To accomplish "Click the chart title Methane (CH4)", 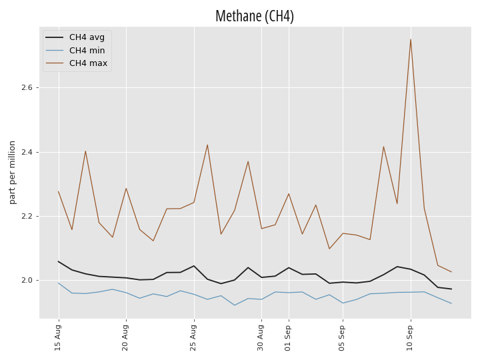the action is (255, 16).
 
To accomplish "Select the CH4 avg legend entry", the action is (75, 37).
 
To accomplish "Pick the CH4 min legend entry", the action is (75, 50).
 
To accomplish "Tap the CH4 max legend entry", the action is (77, 63).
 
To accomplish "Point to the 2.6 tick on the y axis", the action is (27, 87).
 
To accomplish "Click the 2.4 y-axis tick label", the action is (27, 152).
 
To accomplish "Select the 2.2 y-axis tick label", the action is (27, 216).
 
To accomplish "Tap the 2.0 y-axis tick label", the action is (27, 281).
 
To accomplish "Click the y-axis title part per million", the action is (12, 173).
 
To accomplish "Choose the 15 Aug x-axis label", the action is (57, 337).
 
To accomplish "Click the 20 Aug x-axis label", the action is (125, 337).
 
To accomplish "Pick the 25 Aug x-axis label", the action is (193, 337).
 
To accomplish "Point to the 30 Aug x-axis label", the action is (260, 337).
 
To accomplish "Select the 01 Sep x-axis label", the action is (287, 337).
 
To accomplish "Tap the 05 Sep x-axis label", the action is (341, 337).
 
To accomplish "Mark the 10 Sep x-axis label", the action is (409, 337).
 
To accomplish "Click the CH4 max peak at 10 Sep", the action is (411, 39).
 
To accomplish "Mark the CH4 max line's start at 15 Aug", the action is (58, 191).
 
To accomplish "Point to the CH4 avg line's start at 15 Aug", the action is (58, 261).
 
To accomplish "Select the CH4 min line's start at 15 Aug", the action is (58, 283).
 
